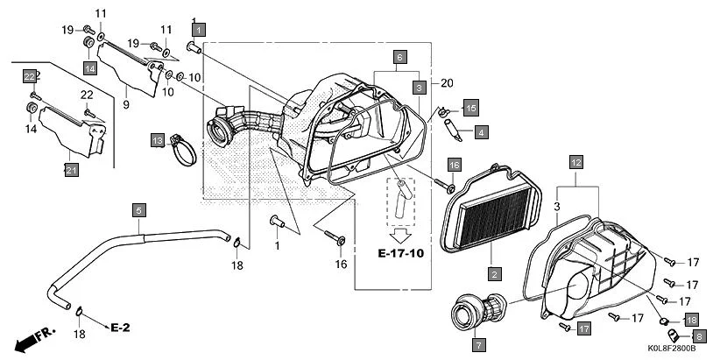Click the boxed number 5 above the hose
[x=138, y=210]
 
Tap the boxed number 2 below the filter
[x=494, y=274]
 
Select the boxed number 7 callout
[x=478, y=343]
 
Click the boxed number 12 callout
[x=575, y=162]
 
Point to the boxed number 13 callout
[x=157, y=140]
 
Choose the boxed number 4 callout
[x=481, y=132]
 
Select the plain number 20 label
[x=448, y=83]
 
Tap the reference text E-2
[x=120, y=327]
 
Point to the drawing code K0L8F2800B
[x=671, y=349]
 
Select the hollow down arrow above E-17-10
[x=400, y=234]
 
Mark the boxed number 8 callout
[x=698, y=335]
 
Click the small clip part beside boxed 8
[x=674, y=334]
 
